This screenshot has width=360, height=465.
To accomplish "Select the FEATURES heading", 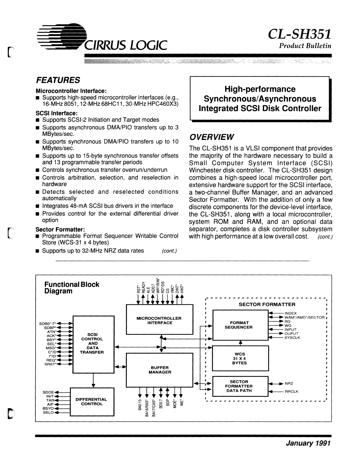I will pos(58,80).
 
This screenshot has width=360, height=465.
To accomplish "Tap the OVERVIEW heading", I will pos(212,137).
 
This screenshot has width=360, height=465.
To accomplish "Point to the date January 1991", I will pos(309,443).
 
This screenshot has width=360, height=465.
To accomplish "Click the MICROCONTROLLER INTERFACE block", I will pos(160,320).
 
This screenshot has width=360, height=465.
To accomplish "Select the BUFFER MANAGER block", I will pos(160,370).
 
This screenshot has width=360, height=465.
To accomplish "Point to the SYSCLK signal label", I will pos(292,338).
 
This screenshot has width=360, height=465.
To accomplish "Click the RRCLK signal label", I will pos(291,392).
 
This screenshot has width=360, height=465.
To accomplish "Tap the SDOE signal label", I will pos(48,392).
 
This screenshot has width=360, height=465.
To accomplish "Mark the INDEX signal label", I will pos(290,313).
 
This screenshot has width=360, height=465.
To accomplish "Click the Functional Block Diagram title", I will pos(71,288).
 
